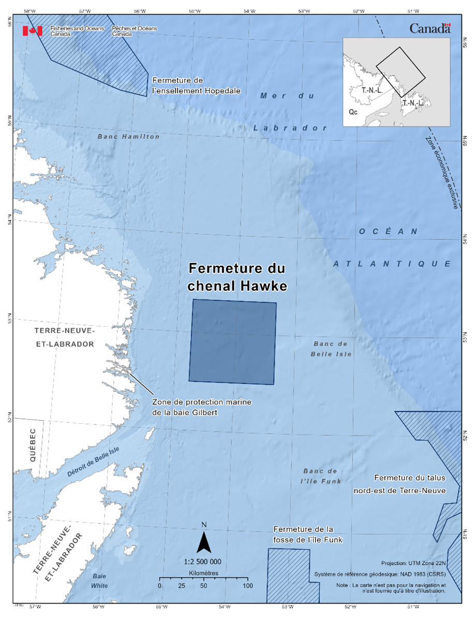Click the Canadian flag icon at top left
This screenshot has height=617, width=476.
32,31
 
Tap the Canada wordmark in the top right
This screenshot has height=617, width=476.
430,29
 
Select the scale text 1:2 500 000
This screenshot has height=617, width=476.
203,562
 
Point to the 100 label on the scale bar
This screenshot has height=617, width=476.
248,585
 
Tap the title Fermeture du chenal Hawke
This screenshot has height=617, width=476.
237,277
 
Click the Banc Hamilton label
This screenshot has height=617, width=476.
129,137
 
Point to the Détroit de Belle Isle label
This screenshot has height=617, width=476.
93,462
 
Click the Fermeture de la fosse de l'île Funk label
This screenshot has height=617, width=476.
308,534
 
